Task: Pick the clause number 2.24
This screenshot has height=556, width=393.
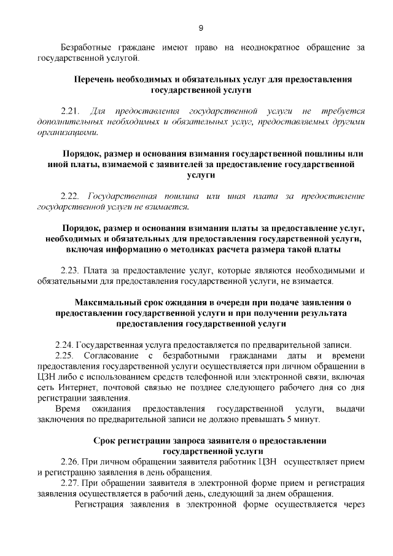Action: click(65, 345)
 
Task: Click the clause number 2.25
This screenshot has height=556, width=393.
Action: click(65, 356)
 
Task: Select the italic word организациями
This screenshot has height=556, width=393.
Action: click(67, 132)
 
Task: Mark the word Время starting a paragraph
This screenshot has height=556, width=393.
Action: click(68, 409)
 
